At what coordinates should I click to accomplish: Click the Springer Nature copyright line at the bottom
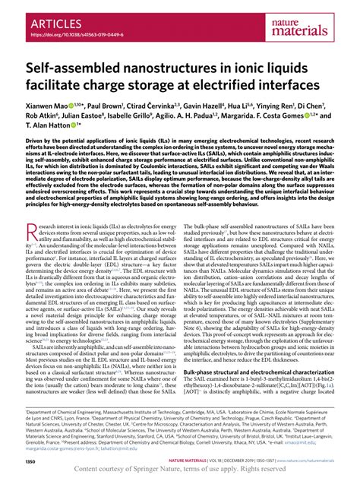(180, 469)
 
